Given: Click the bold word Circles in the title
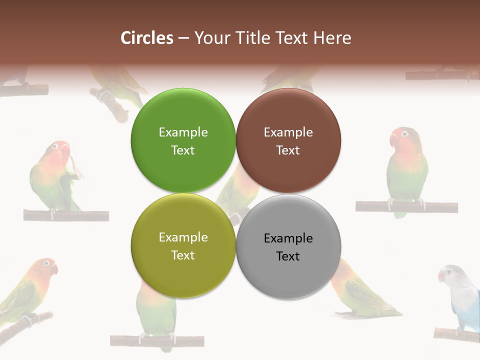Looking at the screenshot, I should pos(147,38).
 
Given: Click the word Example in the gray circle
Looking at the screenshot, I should pos(288,238).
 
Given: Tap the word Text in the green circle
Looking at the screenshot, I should pos(183,150).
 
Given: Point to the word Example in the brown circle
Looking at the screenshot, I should pos(288,132).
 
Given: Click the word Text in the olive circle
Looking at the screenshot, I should pos(183,255).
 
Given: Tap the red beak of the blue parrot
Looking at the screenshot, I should pos(441,276).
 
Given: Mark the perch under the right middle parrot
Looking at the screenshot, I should pos(406,206).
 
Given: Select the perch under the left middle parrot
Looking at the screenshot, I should pos(66,215).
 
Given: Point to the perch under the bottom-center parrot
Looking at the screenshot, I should pos(156,340).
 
